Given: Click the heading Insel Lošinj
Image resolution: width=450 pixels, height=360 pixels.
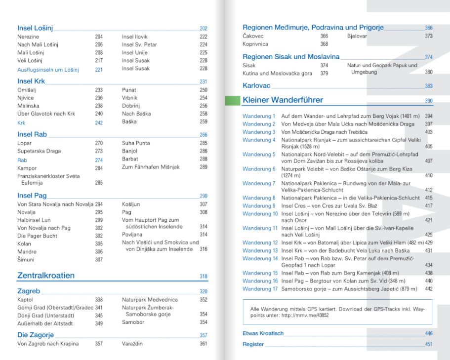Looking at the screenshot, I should pyautogui.click(x=35, y=28).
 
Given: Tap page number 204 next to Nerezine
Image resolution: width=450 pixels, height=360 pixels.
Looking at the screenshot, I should pyautogui.click(x=99, y=37).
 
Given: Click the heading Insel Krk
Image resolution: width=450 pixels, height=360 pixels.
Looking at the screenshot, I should pyautogui.click(x=31, y=81).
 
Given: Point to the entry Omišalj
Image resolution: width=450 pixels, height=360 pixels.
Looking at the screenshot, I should pyautogui.click(x=27, y=90).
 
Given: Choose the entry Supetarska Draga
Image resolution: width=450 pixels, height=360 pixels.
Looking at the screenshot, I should pyautogui.click(x=39, y=151).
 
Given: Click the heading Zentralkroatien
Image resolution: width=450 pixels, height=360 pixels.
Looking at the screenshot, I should pyautogui.click(x=46, y=276).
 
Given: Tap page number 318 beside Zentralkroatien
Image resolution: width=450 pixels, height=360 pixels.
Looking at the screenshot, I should pyautogui.click(x=204, y=277).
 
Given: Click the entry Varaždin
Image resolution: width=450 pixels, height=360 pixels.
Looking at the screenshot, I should pyautogui.click(x=132, y=344).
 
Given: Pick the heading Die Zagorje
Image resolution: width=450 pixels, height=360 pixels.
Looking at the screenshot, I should pyautogui.click(x=35, y=335).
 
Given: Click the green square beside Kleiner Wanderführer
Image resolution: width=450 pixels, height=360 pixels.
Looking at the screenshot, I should pyautogui.click(x=232, y=101).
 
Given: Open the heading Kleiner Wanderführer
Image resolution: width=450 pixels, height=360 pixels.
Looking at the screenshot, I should pyautogui.click(x=283, y=100).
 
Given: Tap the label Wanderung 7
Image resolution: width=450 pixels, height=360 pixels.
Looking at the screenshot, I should pyautogui.click(x=259, y=183).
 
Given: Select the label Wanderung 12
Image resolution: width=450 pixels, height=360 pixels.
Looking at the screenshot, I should pyautogui.click(x=260, y=242).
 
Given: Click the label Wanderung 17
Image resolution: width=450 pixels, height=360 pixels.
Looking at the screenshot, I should pyautogui.click(x=260, y=288).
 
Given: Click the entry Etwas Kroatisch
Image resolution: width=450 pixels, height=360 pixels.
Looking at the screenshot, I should pyautogui.click(x=263, y=333).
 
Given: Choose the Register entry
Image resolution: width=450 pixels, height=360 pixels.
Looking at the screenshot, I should pyautogui.click(x=253, y=344).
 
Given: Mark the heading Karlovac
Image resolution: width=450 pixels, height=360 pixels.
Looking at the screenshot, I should pyautogui.click(x=256, y=85).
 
